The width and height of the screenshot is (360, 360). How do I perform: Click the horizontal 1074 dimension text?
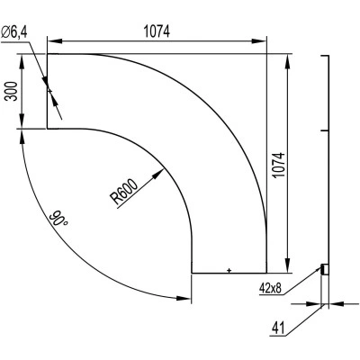pyautogui.click(x=157, y=31)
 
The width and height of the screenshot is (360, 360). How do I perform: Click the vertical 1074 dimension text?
pyautogui.click(x=279, y=165)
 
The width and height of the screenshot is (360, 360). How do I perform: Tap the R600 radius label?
pyautogui.click(x=124, y=193)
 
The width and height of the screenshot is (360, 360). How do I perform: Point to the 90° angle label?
pyautogui.click(x=58, y=219)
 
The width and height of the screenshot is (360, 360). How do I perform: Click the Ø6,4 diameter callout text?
pyautogui.click(x=14, y=31)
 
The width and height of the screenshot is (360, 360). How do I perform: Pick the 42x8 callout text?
pyautogui.click(x=270, y=288)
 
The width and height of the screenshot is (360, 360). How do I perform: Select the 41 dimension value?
pyautogui.click(x=278, y=328)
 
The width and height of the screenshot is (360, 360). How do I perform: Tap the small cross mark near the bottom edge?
pyautogui.click(x=229, y=270)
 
